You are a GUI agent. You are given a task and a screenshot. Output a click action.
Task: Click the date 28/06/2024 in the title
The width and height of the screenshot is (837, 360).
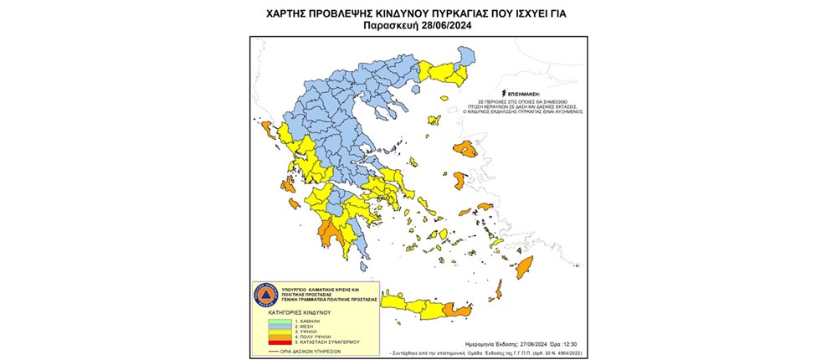tap(446, 26)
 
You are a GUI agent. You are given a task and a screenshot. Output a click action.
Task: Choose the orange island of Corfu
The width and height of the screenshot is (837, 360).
tap(267, 130)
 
